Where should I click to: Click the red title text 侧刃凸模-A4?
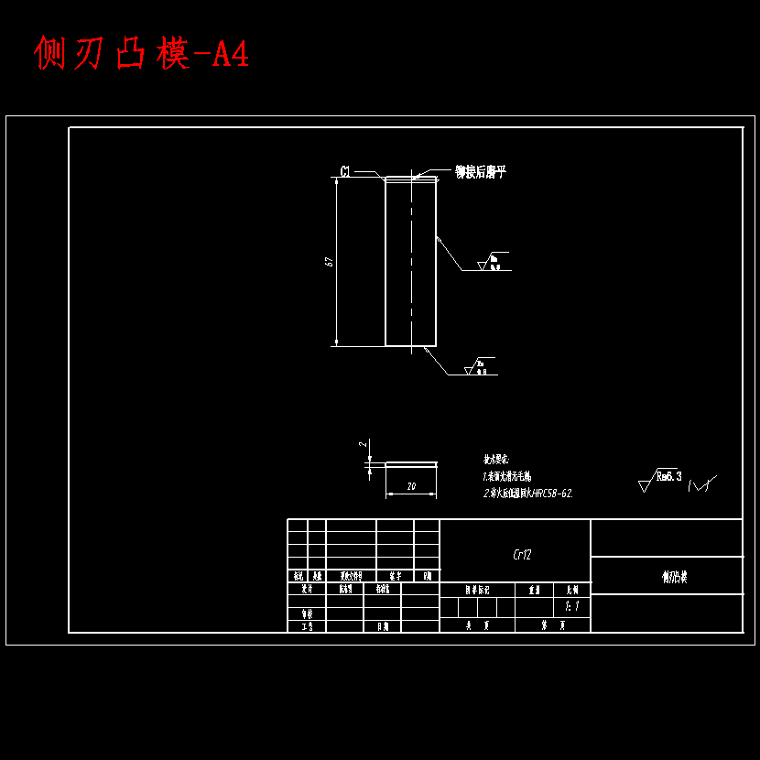pos(141,54)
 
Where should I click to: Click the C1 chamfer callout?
pos(346,171)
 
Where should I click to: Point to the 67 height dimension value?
pos(328,262)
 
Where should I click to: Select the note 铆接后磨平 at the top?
pos(480,171)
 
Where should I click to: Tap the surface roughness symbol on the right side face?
pos(493,263)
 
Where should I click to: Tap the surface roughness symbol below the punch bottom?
pos(479,366)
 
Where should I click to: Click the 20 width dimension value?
pos(411,488)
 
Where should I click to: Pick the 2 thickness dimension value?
pos(363,444)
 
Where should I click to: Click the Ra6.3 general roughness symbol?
pos(661,478)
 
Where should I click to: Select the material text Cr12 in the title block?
pos(522,555)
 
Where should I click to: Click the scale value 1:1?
pos(572,606)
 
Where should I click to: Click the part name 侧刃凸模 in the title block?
pos(675,577)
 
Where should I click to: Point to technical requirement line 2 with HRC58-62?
pos(527,493)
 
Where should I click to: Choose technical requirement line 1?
pos(506,476)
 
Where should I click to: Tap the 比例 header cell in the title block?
pos(572,591)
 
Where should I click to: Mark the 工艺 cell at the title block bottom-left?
pos(307,626)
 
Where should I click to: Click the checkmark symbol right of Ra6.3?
pos(702,483)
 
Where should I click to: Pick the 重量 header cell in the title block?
pos(535,591)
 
